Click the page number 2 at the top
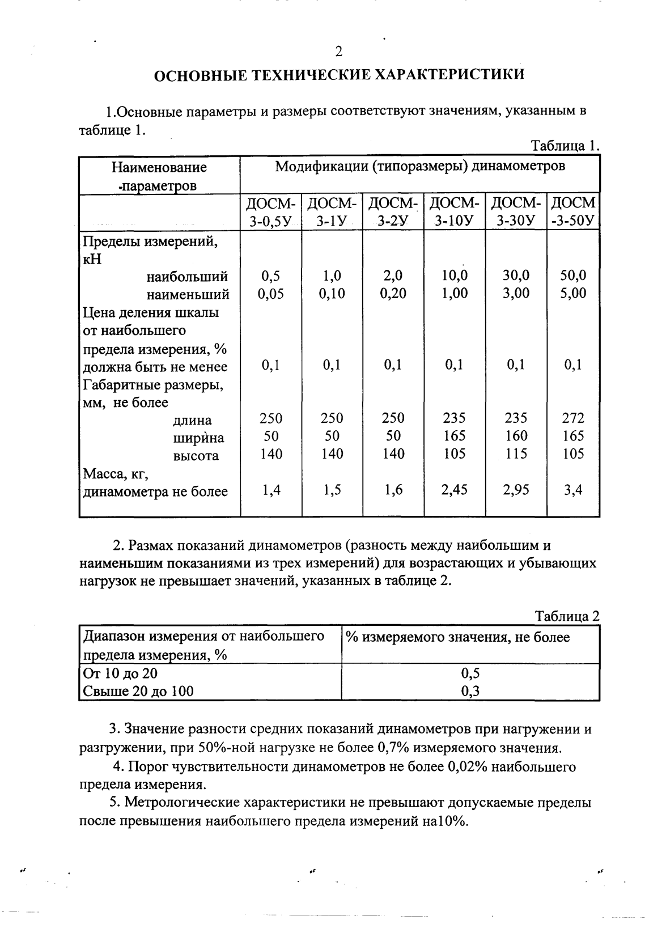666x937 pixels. click(338, 52)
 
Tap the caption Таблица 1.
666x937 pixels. click(565, 146)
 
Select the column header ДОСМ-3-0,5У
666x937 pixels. click(271, 211)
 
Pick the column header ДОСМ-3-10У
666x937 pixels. click(455, 211)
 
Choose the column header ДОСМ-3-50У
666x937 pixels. click(574, 211)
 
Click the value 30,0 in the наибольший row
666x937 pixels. click(516, 276)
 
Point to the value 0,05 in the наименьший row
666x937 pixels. click(271, 294)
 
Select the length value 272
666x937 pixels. click(574, 418)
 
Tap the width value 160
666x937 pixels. click(516, 436)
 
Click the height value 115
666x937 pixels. click(516, 454)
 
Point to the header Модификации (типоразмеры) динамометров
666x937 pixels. click(420, 167)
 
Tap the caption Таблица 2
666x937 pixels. click(567, 617)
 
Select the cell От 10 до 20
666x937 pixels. click(120, 673)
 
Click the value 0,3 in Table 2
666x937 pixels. click(470, 691)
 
